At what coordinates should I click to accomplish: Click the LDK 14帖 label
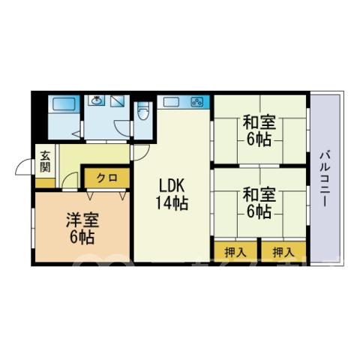coord(172,193)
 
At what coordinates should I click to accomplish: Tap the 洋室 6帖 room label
coord(82,229)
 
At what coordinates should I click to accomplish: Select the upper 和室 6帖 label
coord(259,130)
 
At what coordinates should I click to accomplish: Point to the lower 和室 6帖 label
coord(259,203)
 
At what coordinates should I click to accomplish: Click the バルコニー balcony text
coord(325,178)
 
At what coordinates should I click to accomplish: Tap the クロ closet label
coord(107,178)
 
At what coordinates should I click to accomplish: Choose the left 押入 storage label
coord(235,252)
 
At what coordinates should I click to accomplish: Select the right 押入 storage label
coord(283,252)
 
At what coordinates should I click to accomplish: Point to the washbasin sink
coord(96,100)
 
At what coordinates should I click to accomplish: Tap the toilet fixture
coord(143,111)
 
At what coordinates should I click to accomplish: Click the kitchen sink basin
coord(171,102)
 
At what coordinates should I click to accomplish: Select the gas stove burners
coord(197,102)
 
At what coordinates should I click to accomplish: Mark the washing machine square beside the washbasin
coord(118,101)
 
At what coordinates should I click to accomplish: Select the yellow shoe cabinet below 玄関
coord(45,183)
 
